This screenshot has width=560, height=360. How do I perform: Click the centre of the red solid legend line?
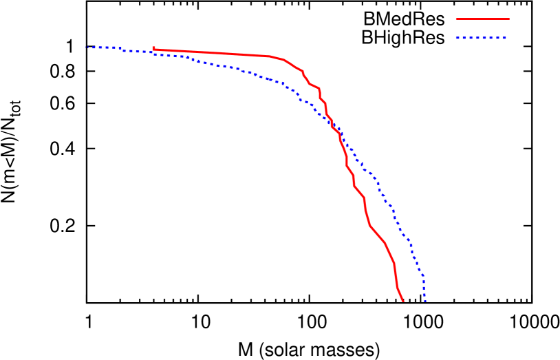(482, 19)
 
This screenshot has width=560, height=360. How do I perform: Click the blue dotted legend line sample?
(481, 38)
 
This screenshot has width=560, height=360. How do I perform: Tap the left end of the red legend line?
(457, 19)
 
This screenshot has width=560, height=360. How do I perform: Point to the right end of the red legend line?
(508, 19)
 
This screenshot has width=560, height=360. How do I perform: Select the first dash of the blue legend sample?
(457, 38)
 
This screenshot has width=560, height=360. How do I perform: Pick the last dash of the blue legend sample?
(504, 38)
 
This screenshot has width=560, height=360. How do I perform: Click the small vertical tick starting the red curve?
(153, 48)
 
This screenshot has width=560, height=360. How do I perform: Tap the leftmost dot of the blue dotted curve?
(88, 47)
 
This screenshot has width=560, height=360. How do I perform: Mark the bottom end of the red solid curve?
(404, 301)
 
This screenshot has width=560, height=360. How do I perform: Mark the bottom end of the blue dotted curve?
(425, 301)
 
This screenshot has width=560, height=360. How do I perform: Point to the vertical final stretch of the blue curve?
(424, 289)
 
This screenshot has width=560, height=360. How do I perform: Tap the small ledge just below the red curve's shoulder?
(314, 86)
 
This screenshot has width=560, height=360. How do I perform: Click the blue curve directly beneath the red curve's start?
(153, 53)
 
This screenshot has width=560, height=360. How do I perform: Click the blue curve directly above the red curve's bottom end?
(404, 235)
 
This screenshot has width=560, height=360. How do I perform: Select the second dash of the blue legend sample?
(465, 38)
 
